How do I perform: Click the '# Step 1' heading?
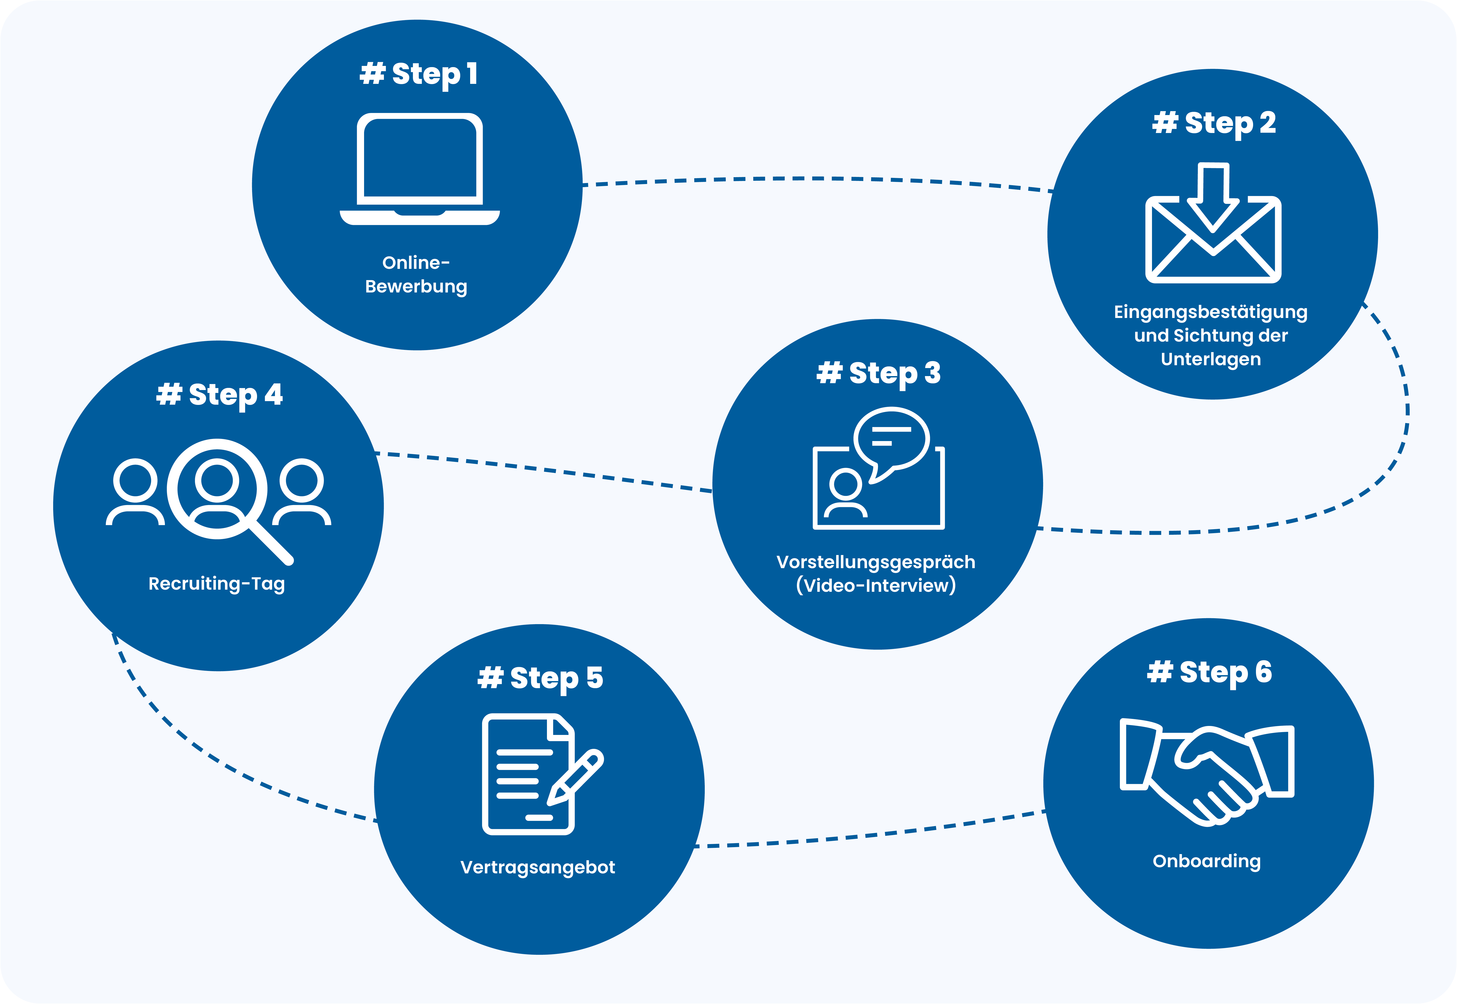tap(418, 74)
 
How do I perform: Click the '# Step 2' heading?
tap(1214, 123)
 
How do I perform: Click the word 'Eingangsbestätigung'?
tap(1210, 312)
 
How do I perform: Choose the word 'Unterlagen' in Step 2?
tap(1210, 359)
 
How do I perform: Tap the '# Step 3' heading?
tap(878, 373)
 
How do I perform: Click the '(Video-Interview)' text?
tap(876, 586)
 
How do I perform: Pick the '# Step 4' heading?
tap(219, 395)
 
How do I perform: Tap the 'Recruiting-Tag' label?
tap(216, 584)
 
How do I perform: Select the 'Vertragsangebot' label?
tap(538, 867)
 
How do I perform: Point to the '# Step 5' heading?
tap(540, 678)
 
